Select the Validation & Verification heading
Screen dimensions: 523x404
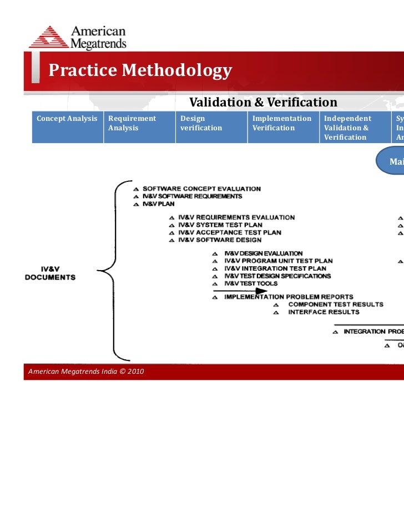263,103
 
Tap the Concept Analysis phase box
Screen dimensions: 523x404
67,127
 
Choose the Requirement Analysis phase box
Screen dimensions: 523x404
139,127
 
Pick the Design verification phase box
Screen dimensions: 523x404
211,127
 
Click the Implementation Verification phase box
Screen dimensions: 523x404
283,127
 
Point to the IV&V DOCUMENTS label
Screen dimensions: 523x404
50,273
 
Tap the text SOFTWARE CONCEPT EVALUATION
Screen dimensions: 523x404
201,189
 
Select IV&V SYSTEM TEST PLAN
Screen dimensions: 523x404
220,225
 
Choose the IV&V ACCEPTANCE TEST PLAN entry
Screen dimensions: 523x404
229,232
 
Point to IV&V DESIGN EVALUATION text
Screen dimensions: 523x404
263,253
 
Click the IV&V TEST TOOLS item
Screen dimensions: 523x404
250,283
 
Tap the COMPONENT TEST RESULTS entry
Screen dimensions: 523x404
335,304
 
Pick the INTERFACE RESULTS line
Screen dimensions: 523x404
323,312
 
